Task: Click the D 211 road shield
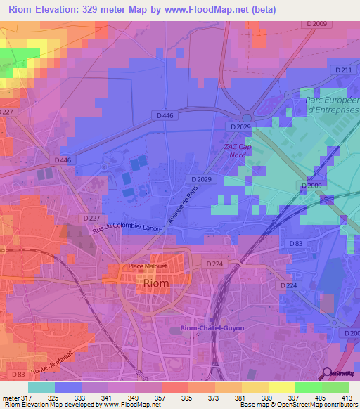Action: pos(343,71)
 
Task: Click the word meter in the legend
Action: pos(8,398)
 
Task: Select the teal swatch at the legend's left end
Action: pos(41,387)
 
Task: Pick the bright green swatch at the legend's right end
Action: pos(335,387)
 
